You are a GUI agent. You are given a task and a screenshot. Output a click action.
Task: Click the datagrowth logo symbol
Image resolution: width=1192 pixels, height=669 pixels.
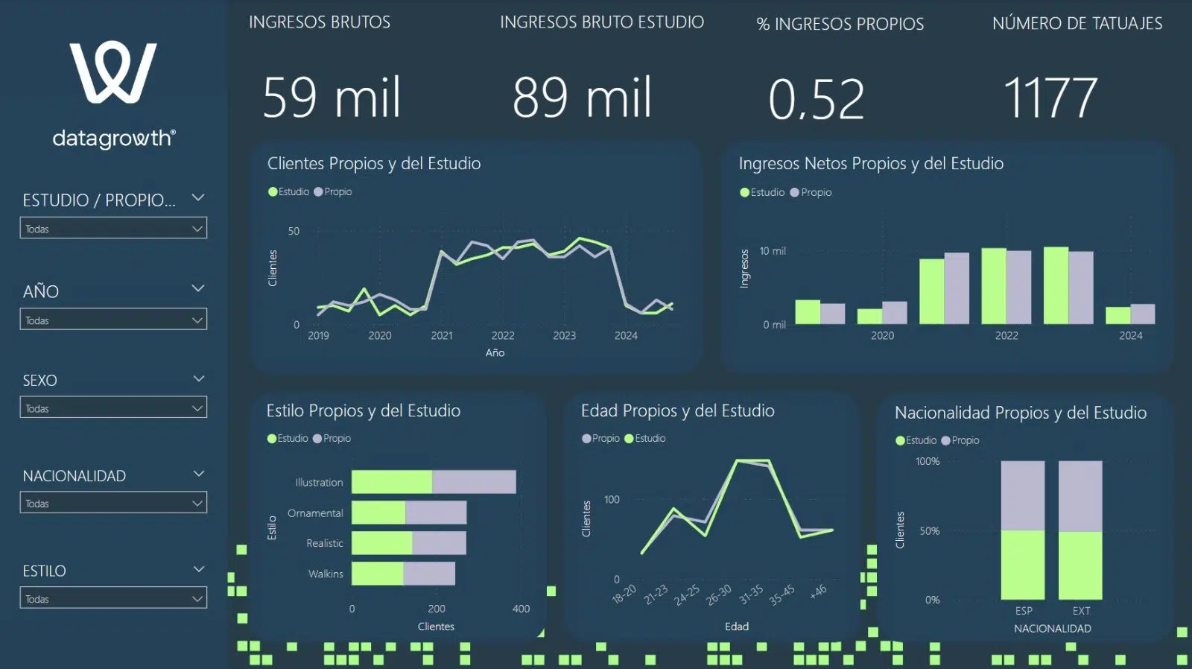(x=113, y=72)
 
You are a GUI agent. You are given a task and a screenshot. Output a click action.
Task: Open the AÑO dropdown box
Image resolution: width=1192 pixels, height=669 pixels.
(x=113, y=320)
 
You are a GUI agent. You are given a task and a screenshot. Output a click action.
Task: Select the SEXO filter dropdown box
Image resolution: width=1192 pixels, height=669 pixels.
(x=113, y=408)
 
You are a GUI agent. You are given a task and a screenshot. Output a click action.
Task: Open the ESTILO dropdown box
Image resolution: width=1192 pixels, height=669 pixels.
(x=113, y=598)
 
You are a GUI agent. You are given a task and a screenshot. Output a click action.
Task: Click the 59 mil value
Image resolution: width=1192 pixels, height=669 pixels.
(x=332, y=98)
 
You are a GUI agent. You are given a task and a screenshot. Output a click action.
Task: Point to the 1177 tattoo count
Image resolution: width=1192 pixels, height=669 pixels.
(x=1050, y=98)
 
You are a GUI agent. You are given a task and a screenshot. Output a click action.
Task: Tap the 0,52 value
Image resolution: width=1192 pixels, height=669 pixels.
(x=817, y=99)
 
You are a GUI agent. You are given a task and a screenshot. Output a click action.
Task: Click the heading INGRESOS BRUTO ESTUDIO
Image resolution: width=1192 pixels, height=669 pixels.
(x=602, y=22)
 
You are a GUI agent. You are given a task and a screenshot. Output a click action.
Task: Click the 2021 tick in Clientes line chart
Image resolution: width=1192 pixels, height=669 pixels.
(x=442, y=336)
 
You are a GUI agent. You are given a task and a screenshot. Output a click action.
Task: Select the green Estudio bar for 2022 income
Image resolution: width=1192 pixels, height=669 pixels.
(x=994, y=286)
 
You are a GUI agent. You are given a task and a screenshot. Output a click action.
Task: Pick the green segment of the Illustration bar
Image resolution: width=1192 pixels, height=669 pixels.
(x=392, y=482)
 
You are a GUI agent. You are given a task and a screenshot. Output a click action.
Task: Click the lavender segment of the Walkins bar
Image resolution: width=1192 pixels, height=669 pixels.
(x=429, y=574)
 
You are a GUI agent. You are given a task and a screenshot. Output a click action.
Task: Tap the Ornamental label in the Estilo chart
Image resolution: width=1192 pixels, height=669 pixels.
(x=315, y=513)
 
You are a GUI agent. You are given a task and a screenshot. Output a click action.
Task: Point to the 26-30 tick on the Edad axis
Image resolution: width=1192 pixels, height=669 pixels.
(x=719, y=595)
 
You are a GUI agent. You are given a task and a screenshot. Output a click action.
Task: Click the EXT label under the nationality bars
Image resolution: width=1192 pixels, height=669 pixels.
(x=1081, y=611)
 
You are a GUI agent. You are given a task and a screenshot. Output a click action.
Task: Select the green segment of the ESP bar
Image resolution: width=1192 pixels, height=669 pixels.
(x=1023, y=565)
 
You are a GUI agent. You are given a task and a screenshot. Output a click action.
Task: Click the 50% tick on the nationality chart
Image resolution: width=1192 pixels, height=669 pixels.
(x=929, y=531)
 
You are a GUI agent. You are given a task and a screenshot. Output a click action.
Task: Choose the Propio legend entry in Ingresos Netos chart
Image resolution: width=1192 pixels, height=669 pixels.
(x=811, y=192)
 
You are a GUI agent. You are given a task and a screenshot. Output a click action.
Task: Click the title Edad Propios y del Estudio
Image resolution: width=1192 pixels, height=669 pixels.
(x=677, y=410)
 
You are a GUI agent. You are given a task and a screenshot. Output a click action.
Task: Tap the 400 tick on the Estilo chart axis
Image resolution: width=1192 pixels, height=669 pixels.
(x=521, y=609)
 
